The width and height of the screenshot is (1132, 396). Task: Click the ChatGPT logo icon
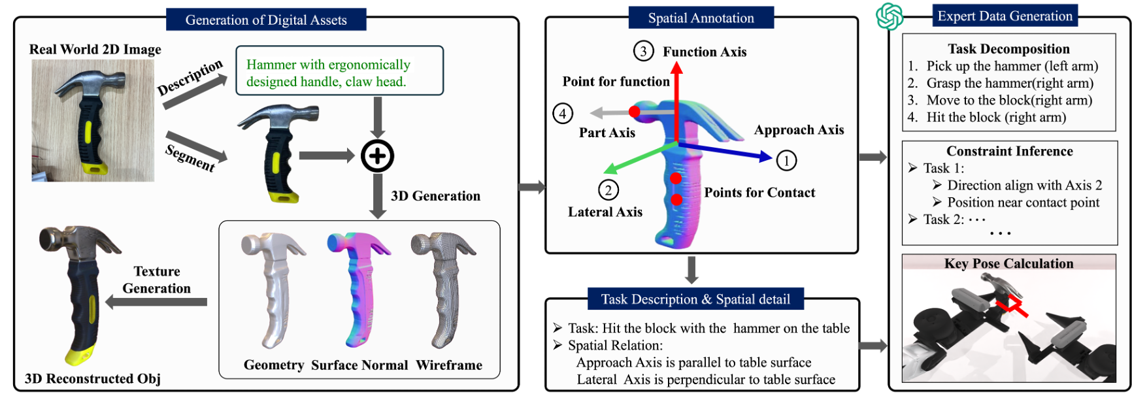(889, 16)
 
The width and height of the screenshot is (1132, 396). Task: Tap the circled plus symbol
(377, 156)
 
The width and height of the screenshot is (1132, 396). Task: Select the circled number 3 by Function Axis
(643, 51)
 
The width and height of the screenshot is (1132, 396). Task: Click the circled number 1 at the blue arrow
(786, 160)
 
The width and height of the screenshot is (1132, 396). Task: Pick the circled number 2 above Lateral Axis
(608, 190)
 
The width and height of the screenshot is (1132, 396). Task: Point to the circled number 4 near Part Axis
(563, 113)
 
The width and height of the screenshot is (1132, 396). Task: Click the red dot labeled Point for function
(634, 112)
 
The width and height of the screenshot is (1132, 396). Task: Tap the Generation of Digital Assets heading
(266, 20)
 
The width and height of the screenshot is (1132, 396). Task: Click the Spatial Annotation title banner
(701, 18)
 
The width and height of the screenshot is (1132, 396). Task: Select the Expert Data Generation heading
(1005, 16)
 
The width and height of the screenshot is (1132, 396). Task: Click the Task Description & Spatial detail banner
(695, 299)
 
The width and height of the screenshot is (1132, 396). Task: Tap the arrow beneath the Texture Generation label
(157, 302)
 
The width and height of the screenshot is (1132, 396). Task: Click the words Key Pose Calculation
(1008, 263)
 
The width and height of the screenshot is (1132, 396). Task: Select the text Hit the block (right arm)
(996, 117)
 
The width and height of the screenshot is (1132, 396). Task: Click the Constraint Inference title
(1010, 151)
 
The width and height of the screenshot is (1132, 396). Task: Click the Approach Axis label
(799, 129)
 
